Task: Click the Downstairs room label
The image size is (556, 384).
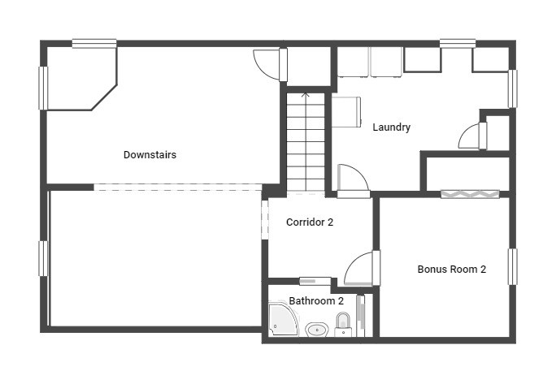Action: [x=150, y=155]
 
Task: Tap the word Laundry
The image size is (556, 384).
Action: [x=391, y=127]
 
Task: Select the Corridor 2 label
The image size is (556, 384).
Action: [x=310, y=222]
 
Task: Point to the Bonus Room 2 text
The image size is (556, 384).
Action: [x=451, y=270]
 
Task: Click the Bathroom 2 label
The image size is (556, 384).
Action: [x=316, y=301]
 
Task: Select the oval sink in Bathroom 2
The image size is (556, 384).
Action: [x=316, y=330]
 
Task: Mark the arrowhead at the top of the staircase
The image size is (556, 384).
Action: [x=306, y=95]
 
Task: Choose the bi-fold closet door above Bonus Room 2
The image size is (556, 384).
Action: [x=470, y=194]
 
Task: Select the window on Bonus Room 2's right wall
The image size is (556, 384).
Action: [x=512, y=266]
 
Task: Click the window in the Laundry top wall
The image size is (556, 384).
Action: [x=458, y=42]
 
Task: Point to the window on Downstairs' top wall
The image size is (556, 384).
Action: [x=93, y=43]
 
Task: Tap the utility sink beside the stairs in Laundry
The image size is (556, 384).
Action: [x=347, y=112]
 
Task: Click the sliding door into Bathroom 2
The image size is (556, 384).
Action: [x=315, y=281]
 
